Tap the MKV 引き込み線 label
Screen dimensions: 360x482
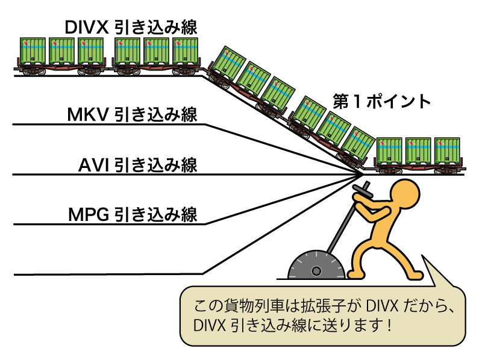click(132, 114)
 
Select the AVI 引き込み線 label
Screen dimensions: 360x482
click(138, 164)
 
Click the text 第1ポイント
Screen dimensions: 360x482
click(382, 101)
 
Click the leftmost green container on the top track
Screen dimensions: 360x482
click(33, 52)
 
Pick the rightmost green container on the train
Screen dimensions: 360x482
click(447, 151)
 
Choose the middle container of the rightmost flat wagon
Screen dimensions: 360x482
click(418, 151)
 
